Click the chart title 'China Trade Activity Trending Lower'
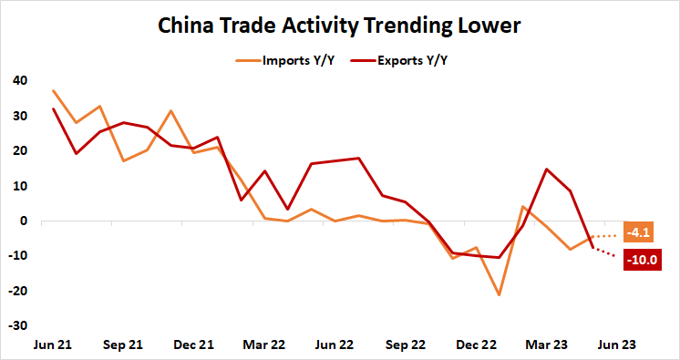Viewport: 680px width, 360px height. coord(339,26)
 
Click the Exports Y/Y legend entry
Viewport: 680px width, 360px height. coord(409,61)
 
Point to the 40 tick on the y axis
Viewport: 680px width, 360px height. coord(19,81)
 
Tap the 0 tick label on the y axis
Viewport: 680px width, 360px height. coord(23,221)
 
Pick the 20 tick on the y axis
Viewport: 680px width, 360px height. coord(19,151)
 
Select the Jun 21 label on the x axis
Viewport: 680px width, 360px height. coord(53,346)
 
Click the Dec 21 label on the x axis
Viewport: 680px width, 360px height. coord(194,346)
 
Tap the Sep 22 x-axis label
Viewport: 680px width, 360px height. coord(406,346)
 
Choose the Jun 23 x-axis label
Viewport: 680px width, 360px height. coord(617,346)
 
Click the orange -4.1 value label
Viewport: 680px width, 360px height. coord(639,233)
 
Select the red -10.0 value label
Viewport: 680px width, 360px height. coord(642,260)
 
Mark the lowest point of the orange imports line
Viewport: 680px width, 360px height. coord(500,294)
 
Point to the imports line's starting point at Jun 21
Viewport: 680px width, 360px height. coord(53,90)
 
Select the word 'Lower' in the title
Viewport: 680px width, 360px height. coord(489,26)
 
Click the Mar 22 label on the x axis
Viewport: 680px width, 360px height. coord(264,346)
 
